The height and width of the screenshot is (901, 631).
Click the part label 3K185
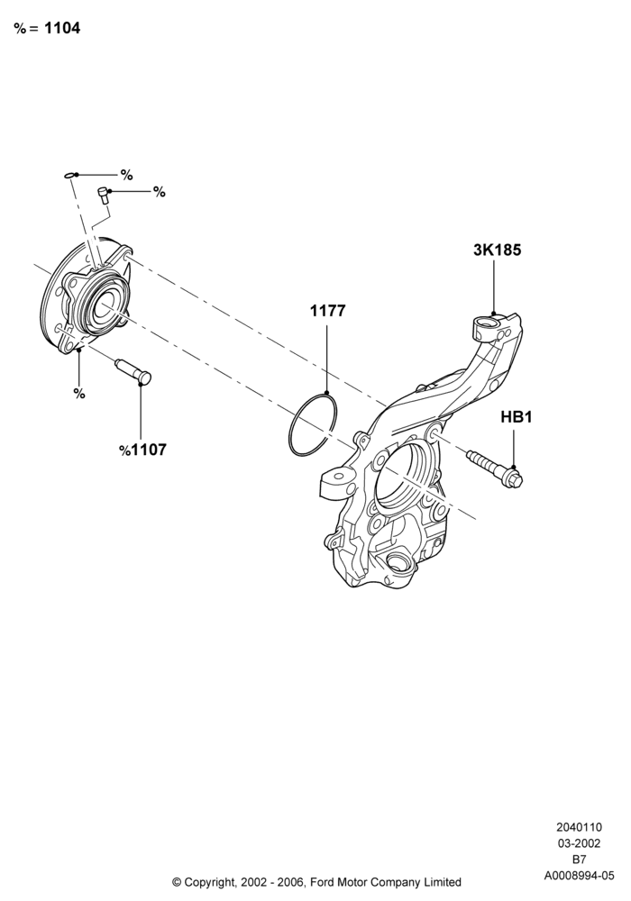tap(497, 250)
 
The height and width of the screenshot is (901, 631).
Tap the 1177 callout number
tap(327, 311)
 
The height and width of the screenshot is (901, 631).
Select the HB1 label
tap(516, 417)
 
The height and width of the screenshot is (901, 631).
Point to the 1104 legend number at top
tap(62, 28)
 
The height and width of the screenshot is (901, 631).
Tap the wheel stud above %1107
tap(133, 372)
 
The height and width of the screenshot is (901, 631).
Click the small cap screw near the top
tap(104, 196)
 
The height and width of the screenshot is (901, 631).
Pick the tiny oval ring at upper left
tap(69, 175)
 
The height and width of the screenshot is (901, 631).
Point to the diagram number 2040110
tap(579, 827)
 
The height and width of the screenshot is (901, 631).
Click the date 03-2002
tap(579, 843)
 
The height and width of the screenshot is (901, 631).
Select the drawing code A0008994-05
tap(579, 876)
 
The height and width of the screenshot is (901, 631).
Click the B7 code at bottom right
tap(579, 860)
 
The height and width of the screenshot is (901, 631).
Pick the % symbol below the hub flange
tap(79, 394)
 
